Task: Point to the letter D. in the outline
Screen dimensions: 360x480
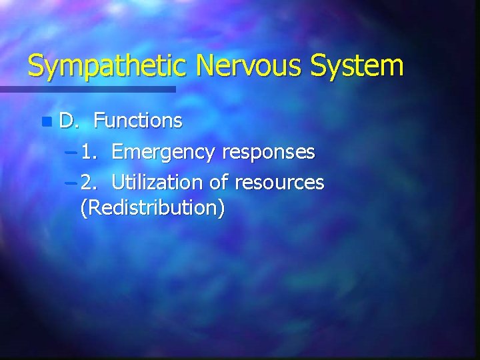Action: click(68, 121)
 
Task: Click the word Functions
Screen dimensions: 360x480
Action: click(138, 121)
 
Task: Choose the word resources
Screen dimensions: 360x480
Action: click(283, 181)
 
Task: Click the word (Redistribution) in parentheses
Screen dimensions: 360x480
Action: click(152, 208)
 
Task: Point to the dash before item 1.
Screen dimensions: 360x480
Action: click(71, 153)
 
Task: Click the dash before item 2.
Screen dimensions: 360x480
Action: click(71, 181)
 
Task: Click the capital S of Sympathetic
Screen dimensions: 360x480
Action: click(36, 67)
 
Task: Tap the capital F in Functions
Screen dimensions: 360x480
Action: click(99, 121)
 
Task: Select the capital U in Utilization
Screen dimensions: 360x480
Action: click(117, 181)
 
